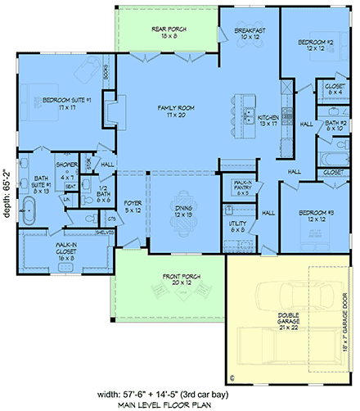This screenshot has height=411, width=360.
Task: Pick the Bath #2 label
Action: (334, 125)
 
